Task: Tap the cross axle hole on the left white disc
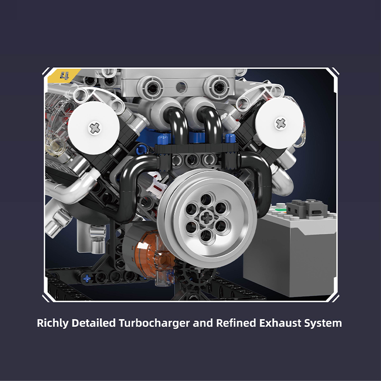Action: point(94,127)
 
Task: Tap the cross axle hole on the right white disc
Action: point(280,124)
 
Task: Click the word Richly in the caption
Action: point(53,323)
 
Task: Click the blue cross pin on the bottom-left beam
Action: point(87,278)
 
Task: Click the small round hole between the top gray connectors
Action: point(181,87)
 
